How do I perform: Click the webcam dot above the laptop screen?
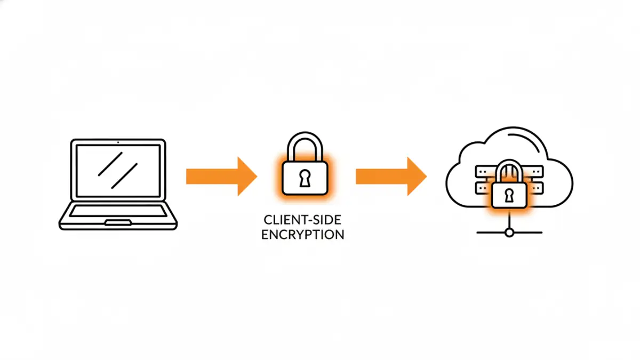click(118, 142)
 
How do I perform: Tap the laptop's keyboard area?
click(118, 211)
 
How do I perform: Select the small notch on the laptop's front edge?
click(118, 222)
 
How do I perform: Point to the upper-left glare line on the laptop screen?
click(110, 163)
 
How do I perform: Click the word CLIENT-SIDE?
click(302, 220)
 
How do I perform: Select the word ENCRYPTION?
click(302, 235)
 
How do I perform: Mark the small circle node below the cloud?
click(509, 233)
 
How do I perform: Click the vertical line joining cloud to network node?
click(509, 221)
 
